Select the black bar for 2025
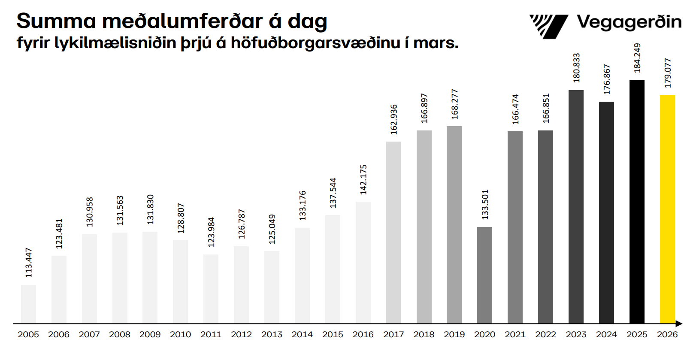637,202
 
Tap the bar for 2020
484,275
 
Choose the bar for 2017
393,232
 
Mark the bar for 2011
211,289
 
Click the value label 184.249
637,58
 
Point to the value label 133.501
485,204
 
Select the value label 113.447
29,263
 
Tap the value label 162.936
394,119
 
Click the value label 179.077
668,73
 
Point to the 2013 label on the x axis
272,335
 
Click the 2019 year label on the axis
454,335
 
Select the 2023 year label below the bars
576,335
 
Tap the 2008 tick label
119,335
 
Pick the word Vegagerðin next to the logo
629,22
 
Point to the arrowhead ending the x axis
679,324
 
